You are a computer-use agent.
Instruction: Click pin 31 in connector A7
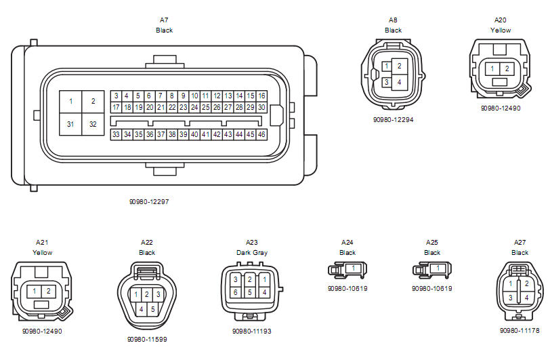[x=70, y=124]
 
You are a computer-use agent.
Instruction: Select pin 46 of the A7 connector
[x=261, y=134]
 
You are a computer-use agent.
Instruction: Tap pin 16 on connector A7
[x=261, y=96]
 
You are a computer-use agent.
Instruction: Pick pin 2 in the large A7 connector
[x=93, y=102]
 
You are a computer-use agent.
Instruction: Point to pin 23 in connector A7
[x=183, y=107]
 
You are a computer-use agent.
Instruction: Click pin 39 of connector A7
[x=183, y=134]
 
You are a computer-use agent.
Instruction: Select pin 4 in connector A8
[x=400, y=83]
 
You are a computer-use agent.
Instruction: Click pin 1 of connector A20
[x=492, y=69]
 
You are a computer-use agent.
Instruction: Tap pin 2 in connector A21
[x=49, y=291]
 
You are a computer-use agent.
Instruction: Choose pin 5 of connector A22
[x=152, y=309]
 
